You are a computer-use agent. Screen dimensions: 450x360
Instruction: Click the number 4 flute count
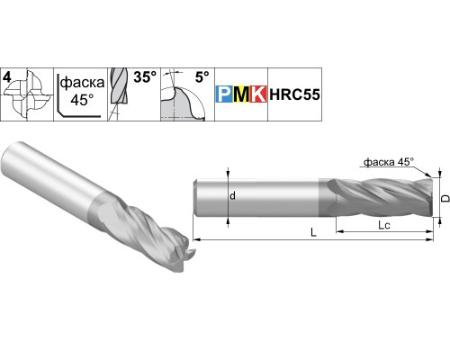click(7, 77)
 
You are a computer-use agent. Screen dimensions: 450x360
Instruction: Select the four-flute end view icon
click(29, 94)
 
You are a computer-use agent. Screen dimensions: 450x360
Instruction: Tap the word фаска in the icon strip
click(82, 82)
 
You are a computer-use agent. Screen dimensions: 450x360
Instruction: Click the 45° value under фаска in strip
click(82, 99)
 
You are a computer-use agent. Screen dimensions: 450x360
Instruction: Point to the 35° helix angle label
click(145, 77)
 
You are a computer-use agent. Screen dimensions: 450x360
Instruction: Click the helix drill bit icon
click(118, 94)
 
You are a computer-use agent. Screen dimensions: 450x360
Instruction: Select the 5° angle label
click(202, 77)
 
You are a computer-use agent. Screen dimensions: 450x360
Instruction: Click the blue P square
click(224, 94)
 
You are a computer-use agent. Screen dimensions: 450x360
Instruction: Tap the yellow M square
click(241, 94)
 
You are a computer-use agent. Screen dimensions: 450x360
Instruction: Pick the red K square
click(258, 94)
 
